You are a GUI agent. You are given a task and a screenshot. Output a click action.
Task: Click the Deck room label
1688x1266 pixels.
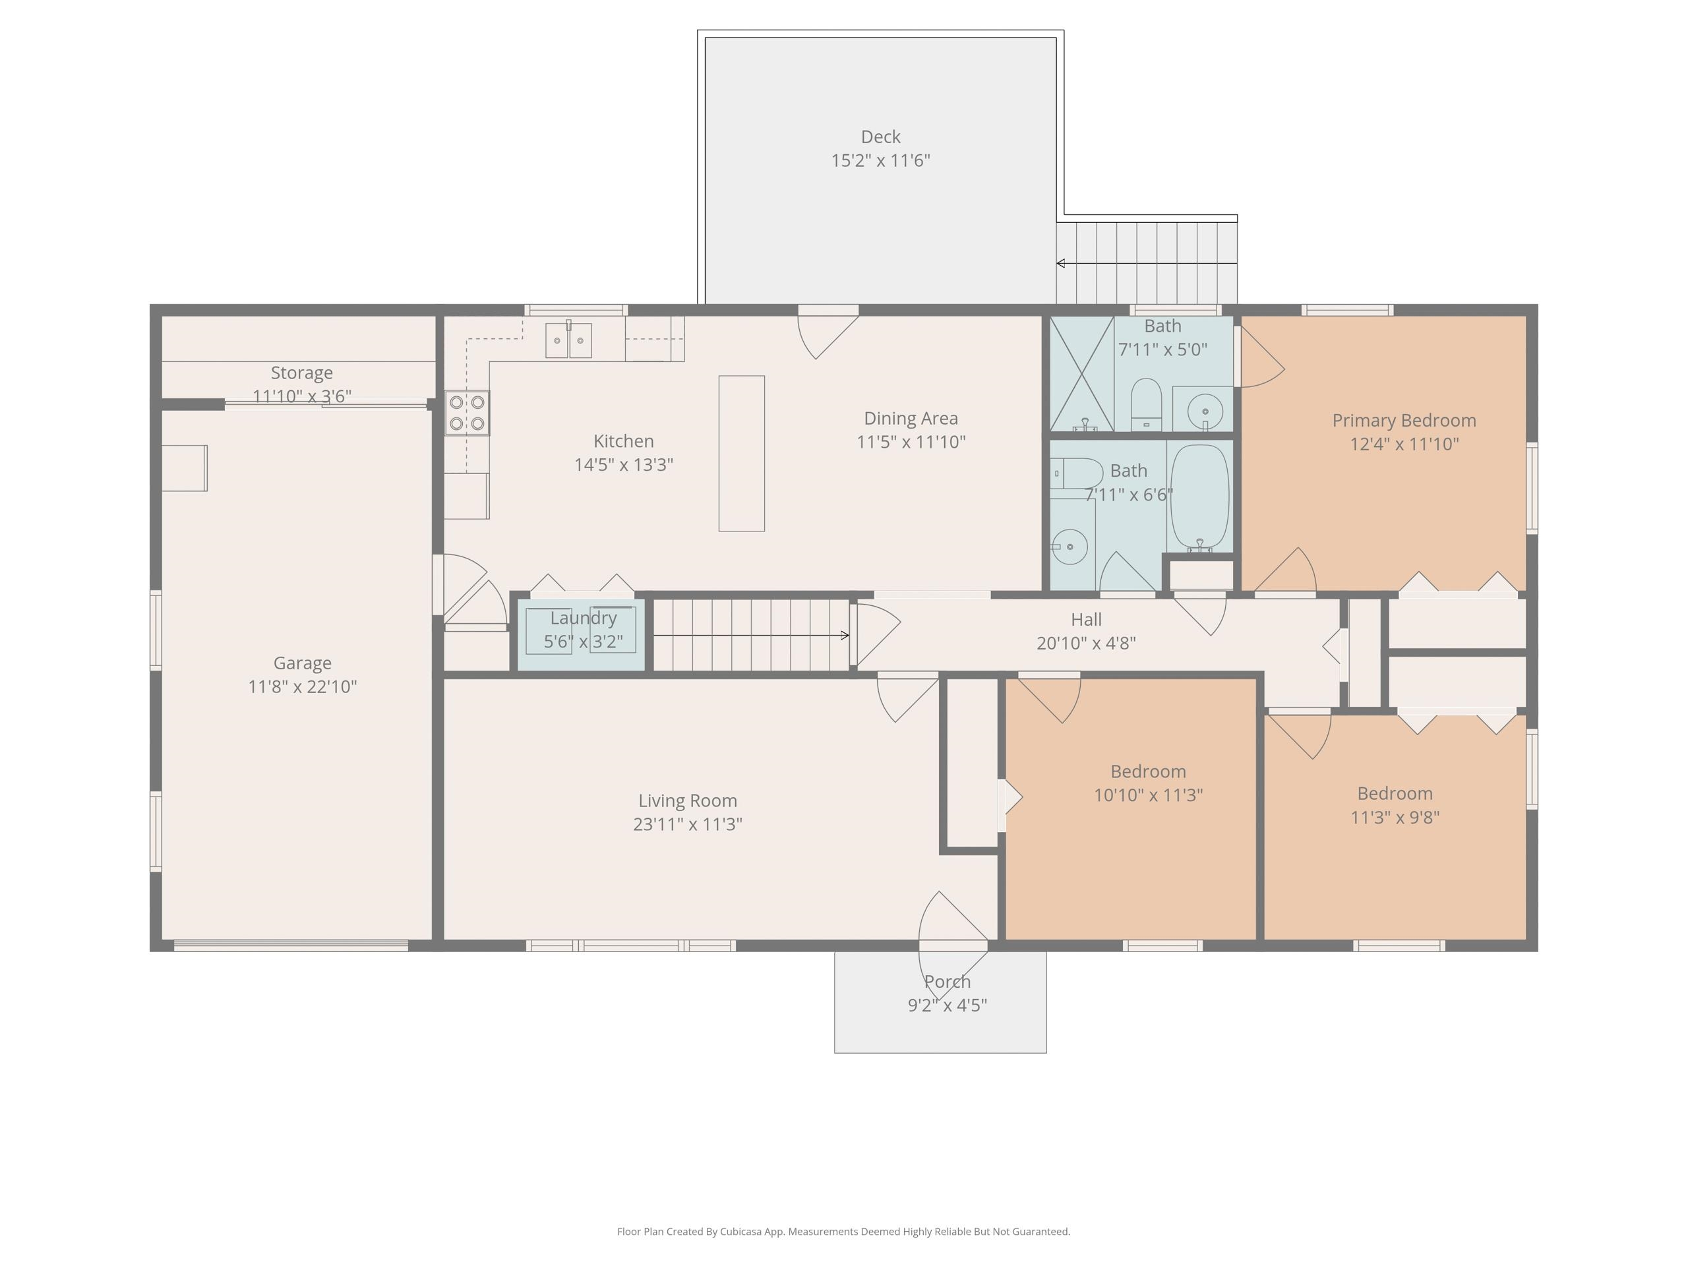coord(881,136)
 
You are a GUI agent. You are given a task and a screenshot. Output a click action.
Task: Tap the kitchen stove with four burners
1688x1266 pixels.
coord(467,413)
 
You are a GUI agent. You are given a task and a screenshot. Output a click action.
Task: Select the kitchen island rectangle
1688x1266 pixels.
coord(742,453)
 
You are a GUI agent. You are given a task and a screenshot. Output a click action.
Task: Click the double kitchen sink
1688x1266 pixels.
coord(568,340)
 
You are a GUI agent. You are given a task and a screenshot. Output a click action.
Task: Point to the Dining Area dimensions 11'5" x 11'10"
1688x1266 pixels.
coord(911,442)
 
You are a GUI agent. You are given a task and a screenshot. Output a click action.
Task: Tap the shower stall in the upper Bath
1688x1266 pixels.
coord(1082,374)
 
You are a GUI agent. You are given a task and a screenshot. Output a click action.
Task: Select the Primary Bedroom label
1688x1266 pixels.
coord(1404,421)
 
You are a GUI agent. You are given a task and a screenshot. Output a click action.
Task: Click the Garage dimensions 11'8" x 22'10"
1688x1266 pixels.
coord(302,687)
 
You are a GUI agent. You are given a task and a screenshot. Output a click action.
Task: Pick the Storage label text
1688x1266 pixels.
coord(301,373)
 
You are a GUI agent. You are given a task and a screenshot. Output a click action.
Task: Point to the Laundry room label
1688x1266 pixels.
coord(583,618)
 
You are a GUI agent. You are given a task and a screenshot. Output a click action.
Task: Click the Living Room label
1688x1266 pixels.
coord(688,800)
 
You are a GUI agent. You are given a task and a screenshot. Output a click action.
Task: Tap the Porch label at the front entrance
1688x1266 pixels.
coord(947,981)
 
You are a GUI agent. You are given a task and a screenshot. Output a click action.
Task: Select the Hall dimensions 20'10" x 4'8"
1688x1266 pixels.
coord(1086,644)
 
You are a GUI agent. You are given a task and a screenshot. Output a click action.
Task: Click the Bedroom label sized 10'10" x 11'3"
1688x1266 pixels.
coord(1148,771)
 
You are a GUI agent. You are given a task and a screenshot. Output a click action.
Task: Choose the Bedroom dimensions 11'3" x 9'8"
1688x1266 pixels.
coord(1395,817)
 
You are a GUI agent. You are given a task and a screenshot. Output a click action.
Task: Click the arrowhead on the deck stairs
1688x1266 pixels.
coord(1061,263)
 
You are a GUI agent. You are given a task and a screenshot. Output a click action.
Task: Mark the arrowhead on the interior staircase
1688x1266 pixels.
coord(845,635)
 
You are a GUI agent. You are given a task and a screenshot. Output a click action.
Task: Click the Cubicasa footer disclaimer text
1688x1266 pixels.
coord(843,1231)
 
